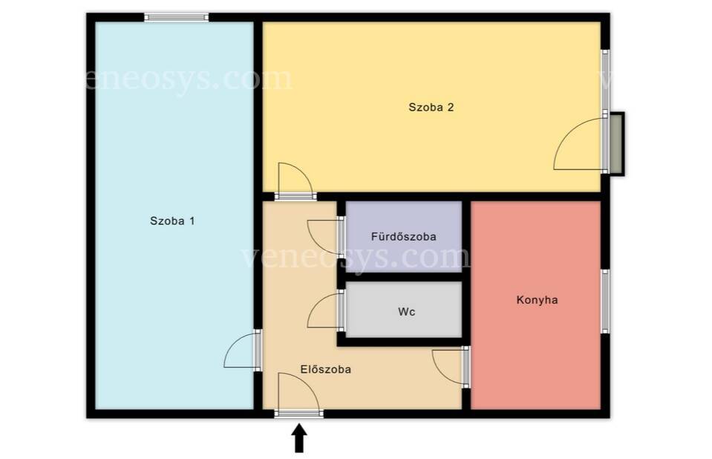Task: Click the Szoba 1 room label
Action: (172, 221)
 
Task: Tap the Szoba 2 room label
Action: (431, 107)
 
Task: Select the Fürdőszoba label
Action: (404, 236)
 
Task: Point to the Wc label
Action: (406, 312)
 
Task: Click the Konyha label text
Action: (538, 300)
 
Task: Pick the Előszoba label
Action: (326, 369)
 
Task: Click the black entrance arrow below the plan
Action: (298, 438)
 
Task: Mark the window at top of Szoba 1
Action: (177, 18)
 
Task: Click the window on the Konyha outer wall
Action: (605, 302)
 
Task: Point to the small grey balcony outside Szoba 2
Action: (617, 143)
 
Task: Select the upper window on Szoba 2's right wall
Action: (605, 80)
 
